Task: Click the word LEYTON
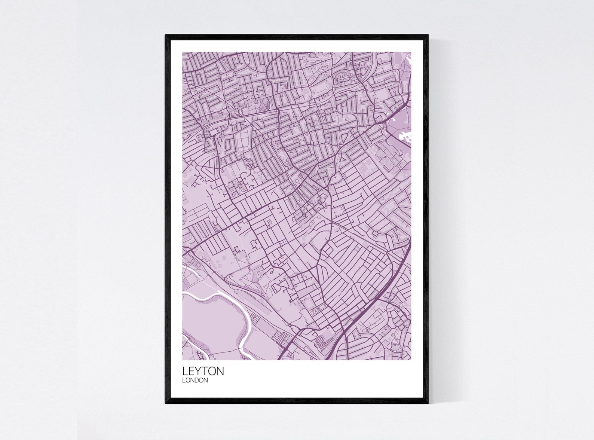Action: coord(203,371)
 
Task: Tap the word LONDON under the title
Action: coord(195,381)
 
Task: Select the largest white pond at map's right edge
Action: coord(404,137)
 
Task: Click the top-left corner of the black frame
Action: coord(166,36)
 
